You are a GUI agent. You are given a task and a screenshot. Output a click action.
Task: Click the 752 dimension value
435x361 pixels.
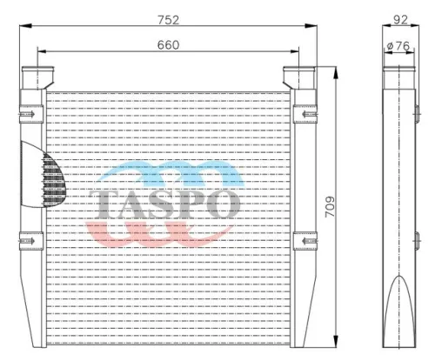click(x=168, y=20)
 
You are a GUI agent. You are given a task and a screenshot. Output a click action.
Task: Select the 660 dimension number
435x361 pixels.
click(x=168, y=45)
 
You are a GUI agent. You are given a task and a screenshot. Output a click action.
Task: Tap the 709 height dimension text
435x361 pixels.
click(x=330, y=206)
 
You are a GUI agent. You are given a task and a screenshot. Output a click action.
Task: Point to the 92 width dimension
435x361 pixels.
click(x=400, y=20)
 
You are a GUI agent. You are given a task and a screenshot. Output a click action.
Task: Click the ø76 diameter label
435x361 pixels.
click(x=398, y=46)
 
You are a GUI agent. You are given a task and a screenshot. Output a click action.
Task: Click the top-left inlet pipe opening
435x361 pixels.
click(x=37, y=69)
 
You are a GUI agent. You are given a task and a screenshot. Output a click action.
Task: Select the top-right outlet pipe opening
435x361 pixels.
click(x=299, y=69)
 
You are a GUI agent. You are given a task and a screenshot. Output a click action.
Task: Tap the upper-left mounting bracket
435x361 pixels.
click(x=31, y=114)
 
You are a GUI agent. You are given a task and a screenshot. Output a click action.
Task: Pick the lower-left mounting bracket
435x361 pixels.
click(x=31, y=241)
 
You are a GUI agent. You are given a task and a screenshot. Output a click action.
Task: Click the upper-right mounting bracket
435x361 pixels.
click(x=305, y=114)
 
